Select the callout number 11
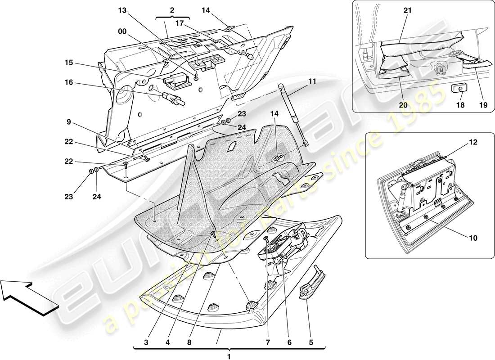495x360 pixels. [312, 82]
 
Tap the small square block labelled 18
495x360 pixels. [458, 89]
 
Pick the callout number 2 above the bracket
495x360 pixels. [173, 10]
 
